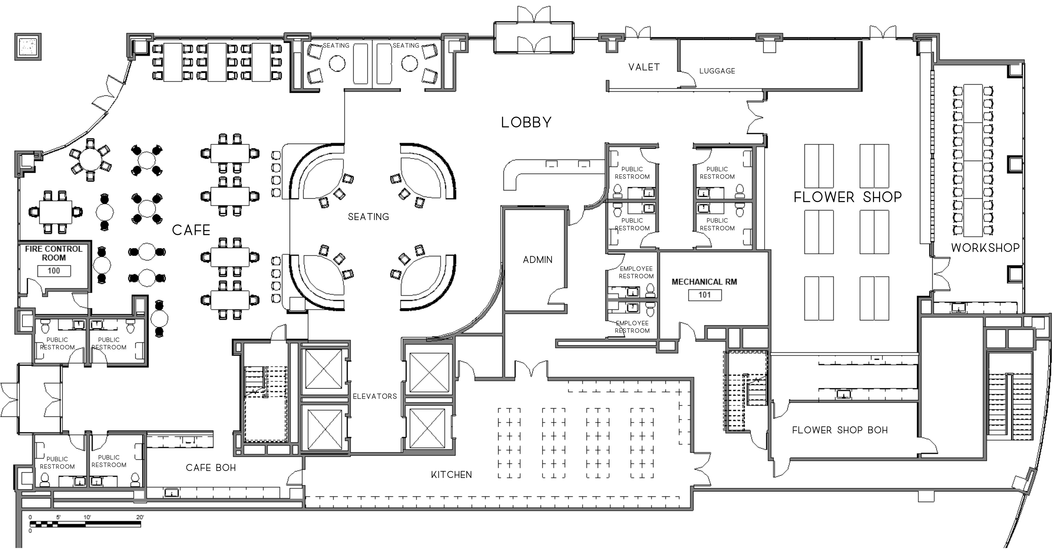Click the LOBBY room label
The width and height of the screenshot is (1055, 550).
(x=526, y=122)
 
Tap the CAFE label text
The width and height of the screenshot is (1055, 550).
(x=191, y=230)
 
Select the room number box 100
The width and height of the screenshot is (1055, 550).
(x=54, y=271)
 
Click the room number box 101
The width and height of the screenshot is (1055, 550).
(x=705, y=295)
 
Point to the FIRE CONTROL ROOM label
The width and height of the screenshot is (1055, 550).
(x=54, y=253)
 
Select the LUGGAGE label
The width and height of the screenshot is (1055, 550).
(x=717, y=71)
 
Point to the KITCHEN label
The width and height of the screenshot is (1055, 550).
(x=451, y=475)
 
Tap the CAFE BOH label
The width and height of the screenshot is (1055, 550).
(x=211, y=468)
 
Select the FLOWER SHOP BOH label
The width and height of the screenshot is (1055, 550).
(x=840, y=430)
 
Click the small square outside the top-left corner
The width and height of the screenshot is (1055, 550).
(x=28, y=47)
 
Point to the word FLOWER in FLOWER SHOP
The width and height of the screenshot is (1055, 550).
(x=824, y=197)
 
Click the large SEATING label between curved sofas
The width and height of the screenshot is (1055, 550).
(x=368, y=217)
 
